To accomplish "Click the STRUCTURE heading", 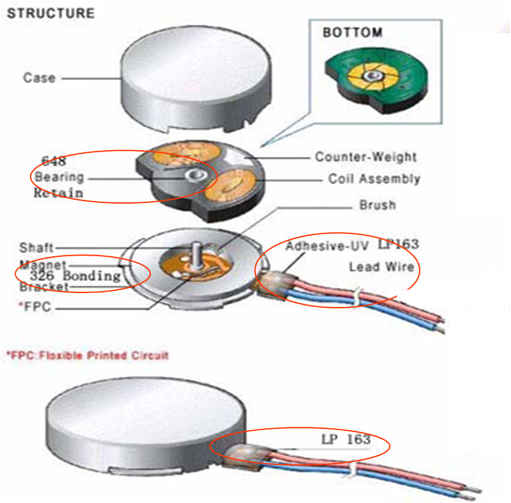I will coord(51,13).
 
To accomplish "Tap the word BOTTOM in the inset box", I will coord(353,32).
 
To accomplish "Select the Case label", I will coord(39,78).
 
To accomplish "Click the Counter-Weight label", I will coord(366,157).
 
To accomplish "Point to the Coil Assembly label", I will coord(374,179).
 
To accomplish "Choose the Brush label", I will coord(377,205).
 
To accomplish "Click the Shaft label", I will coord(36,247).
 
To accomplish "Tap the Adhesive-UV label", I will coord(327,245).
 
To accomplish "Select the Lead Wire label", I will coord(381,267).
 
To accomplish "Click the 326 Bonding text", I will coord(75,276).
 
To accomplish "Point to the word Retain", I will coord(58,193).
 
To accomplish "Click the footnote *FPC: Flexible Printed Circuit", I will coord(87,356).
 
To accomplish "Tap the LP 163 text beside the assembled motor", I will coord(345,439).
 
